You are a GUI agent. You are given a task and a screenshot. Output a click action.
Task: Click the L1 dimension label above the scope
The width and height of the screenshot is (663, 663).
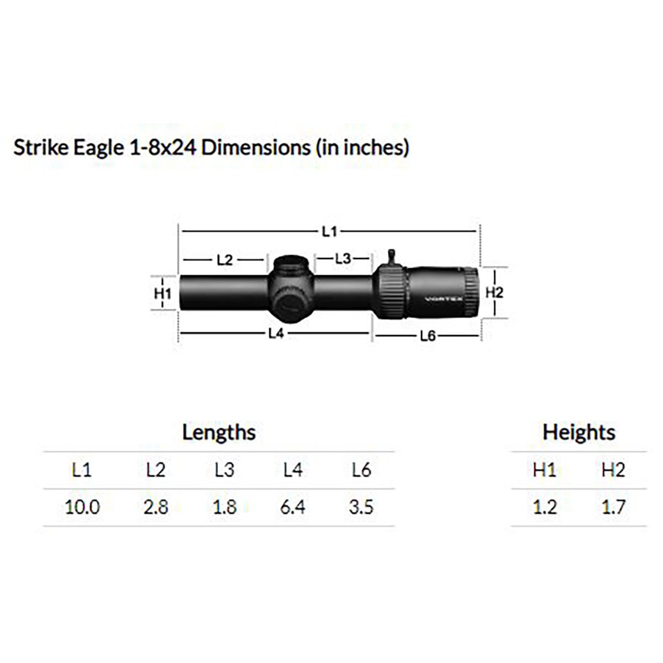pos(329,231)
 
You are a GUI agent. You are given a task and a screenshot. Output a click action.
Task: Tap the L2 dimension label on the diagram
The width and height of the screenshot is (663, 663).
pos(224,259)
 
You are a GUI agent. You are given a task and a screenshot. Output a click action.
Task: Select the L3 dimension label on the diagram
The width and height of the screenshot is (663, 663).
pos(343,258)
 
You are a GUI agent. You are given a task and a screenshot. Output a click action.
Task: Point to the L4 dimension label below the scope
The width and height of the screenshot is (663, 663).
pos(276,333)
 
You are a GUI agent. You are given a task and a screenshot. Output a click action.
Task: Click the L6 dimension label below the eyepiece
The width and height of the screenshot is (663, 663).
pos(428,336)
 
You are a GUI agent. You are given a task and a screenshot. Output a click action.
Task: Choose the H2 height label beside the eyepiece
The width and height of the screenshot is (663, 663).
pos(494,292)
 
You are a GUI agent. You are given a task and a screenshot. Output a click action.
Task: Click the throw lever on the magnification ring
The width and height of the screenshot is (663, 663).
pos(393,257)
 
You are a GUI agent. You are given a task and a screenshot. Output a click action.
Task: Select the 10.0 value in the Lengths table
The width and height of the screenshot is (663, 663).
pos(82,507)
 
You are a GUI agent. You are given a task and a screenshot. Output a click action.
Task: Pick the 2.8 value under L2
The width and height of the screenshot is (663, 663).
pos(156,507)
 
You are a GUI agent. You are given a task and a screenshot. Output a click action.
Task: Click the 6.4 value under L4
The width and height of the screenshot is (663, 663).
pos(292,507)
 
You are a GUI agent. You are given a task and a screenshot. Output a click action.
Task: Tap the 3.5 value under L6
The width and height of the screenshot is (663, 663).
pos(361,507)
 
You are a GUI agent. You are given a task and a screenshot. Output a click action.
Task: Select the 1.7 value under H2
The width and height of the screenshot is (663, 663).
pos(613,507)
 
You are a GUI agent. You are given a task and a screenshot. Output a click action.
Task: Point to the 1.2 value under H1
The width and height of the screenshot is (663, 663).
pos(545,507)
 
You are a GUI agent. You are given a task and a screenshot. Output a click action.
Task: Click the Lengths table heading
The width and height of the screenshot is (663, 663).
pos(219,433)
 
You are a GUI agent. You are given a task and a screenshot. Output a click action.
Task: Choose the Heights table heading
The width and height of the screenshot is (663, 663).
pos(578,433)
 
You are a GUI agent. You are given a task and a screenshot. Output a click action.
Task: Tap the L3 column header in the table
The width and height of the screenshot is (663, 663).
pos(224,470)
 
